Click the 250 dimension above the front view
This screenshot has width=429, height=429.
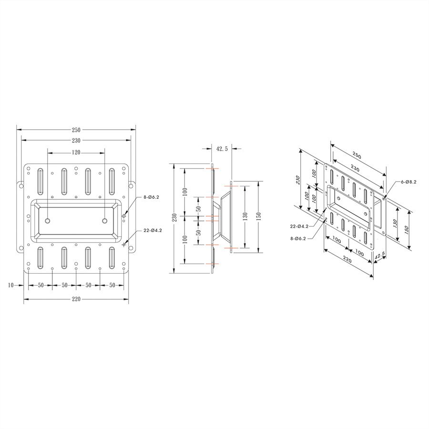pyautogui.click(x=76, y=130)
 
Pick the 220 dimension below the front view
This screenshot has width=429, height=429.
pyautogui.click(x=76, y=299)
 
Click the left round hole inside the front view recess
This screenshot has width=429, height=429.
pyautogui.click(x=48, y=221)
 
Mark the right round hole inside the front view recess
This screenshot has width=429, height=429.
pyautogui.click(x=104, y=221)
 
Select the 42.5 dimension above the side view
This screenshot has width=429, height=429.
pyautogui.click(x=222, y=149)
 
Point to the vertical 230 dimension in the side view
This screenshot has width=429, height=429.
pyautogui.click(x=175, y=217)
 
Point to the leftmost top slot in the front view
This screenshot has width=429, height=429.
pyautogui.click(x=40, y=181)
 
